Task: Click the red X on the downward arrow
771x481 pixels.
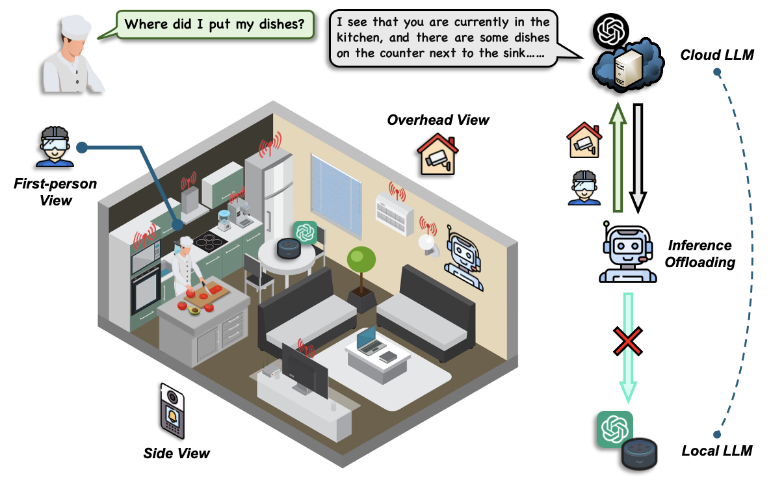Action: pos(628,341)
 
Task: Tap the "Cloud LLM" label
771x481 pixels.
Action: pos(716,55)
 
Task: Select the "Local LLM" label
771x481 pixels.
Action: pos(717,450)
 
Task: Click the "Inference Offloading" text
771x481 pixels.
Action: pos(701,253)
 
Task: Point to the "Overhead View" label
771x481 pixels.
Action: pos(438,120)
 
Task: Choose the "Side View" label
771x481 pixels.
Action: pos(177,452)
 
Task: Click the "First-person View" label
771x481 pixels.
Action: pos(55,192)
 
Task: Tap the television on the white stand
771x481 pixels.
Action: pos(305,368)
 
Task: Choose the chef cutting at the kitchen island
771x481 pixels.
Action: pos(187,270)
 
